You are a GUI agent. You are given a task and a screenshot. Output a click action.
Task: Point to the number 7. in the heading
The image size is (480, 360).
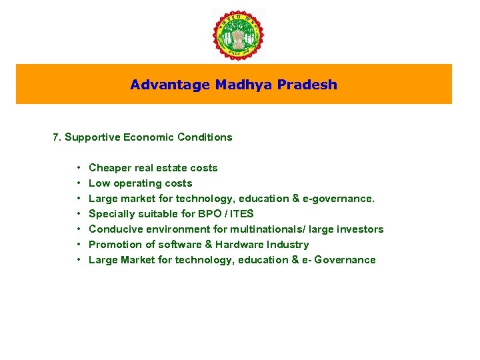(57, 137)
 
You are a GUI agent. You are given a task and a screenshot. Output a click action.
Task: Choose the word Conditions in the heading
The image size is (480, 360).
(205, 137)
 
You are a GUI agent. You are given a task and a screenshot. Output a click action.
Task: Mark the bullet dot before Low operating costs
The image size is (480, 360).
(79, 183)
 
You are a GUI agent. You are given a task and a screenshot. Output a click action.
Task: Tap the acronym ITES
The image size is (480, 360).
(242, 214)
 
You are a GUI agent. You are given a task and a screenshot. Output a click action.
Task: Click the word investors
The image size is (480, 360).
(361, 229)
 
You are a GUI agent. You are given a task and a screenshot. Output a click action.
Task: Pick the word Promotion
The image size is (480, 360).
(113, 245)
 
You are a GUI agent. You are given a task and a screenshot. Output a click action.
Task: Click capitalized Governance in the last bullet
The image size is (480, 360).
(344, 260)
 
